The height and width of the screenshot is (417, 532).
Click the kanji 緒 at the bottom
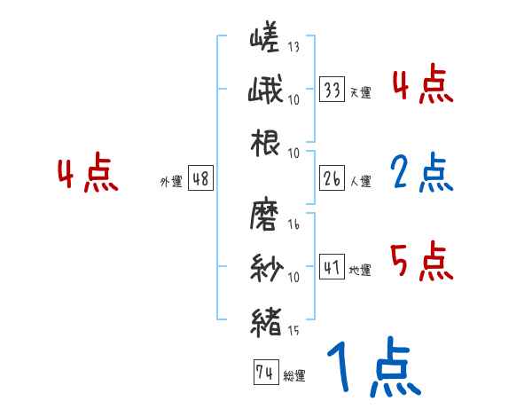click(x=265, y=320)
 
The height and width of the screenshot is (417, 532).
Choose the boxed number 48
click(x=200, y=179)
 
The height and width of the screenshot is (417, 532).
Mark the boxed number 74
click(x=264, y=374)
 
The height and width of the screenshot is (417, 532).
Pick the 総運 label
click(x=293, y=376)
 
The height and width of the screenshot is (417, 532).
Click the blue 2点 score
click(x=422, y=173)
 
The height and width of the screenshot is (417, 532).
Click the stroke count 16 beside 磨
click(x=293, y=224)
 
